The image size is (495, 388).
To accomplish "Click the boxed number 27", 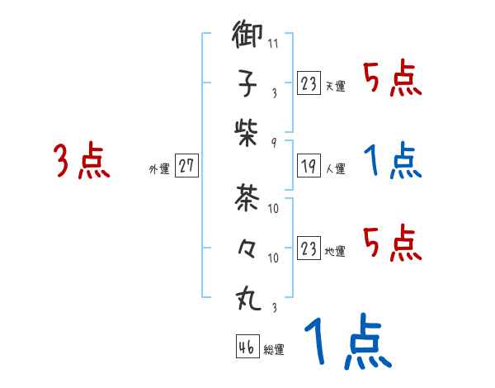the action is click(186, 166).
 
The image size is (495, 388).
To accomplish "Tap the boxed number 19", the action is click(308, 166).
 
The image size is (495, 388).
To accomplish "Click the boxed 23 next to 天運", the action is click(308, 83).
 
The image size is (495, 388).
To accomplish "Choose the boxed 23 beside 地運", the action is click(308, 248).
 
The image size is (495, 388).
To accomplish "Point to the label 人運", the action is click(336, 168).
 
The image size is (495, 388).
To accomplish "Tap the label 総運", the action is click(274, 350).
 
